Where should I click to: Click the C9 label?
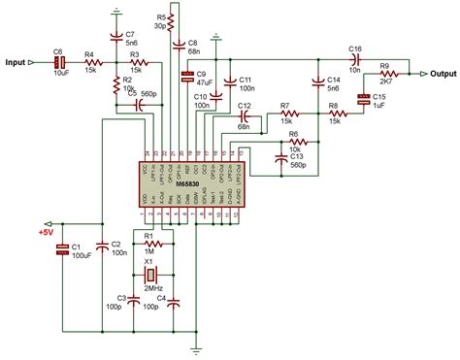(x=203, y=74)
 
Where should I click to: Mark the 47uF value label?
(x=205, y=83)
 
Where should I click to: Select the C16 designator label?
(x=355, y=48)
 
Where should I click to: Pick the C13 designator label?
(x=297, y=155)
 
